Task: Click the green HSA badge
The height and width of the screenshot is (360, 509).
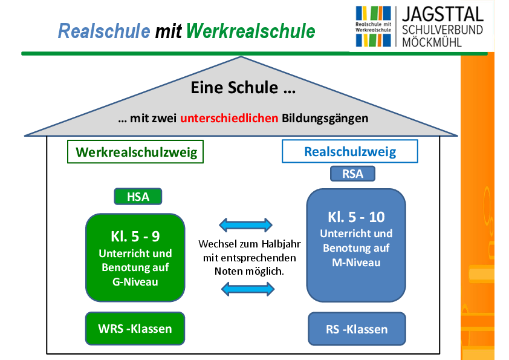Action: click(132, 197)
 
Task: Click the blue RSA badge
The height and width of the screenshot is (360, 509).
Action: click(352, 174)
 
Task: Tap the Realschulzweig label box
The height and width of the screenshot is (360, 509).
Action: click(350, 151)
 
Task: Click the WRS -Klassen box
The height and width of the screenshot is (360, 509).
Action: click(135, 329)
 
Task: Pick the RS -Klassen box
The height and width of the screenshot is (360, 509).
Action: click(357, 330)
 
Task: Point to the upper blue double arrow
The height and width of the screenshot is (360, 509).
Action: click(246, 226)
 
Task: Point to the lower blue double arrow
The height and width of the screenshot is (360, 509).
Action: click(248, 290)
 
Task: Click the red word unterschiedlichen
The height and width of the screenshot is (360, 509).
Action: click(229, 118)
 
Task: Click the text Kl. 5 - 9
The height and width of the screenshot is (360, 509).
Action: click(135, 237)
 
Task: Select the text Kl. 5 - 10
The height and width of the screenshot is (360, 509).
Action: click(356, 217)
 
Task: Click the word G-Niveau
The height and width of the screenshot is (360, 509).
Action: click(135, 281)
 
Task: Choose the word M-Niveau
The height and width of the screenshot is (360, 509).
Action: click(356, 263)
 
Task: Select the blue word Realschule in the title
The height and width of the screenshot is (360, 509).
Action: click(104, 31)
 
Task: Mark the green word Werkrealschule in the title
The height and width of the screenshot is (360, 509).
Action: click(251, 31)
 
